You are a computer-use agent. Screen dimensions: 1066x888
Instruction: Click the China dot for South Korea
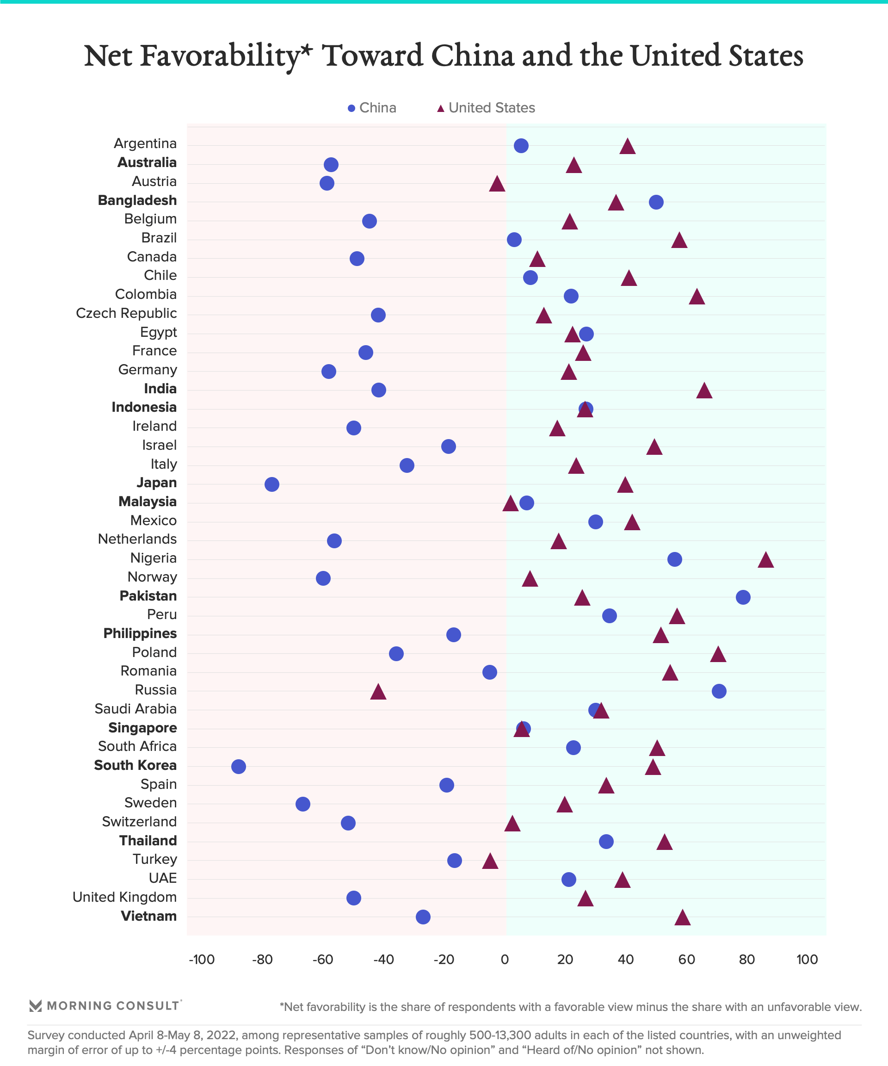(239, 767)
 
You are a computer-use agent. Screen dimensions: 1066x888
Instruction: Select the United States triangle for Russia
(378, 692)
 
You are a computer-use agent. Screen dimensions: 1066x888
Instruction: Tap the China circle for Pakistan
(743, 597)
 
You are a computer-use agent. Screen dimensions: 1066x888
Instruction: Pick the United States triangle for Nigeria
(766, 560)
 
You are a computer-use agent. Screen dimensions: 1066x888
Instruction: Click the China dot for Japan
(272, 484)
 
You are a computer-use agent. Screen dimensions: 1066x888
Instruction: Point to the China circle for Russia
(719, 691)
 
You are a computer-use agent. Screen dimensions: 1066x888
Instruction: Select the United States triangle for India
(704, 391)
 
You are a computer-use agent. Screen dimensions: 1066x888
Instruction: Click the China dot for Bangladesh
(656, 202)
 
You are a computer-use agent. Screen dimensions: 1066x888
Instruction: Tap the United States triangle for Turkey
(490, 861)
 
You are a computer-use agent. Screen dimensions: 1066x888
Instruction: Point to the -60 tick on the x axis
(323, 960)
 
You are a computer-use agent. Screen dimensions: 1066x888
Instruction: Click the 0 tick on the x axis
(505, 960)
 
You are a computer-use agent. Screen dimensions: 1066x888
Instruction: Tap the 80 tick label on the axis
(747, 960)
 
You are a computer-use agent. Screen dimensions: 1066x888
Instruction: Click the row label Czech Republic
(126, 313)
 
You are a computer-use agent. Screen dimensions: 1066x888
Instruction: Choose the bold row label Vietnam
(148, 916)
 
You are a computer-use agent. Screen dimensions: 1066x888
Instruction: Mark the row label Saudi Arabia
(136, 709)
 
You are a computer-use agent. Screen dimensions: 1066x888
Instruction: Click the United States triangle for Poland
(718, 655)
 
